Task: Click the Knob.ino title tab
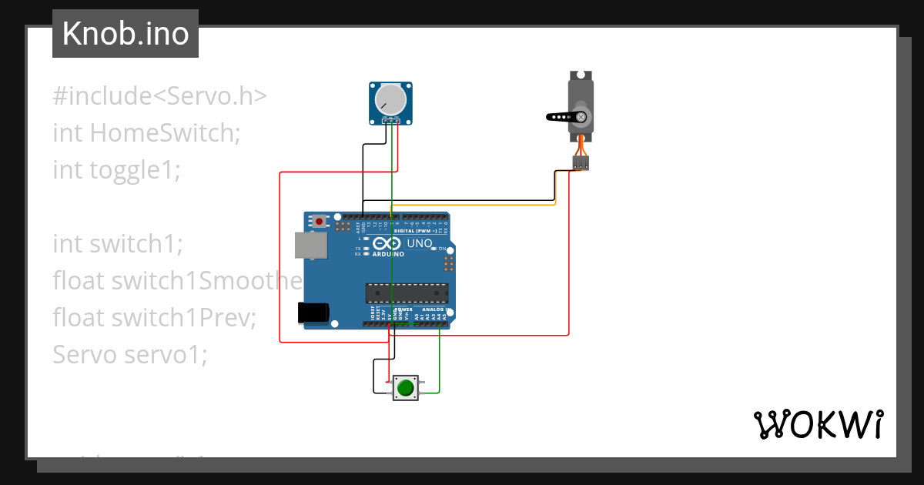coord(125,34)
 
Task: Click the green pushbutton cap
coord(405,387)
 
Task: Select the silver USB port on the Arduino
coord(310,245)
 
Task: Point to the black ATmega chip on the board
coord(407,293)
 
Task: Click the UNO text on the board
coord(419,244)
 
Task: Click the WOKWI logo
coord(817,424)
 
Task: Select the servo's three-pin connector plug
coord(581,162)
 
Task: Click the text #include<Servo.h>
coord(160,96)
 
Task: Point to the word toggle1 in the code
coord(135,169)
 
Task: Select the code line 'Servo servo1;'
coord(130,354)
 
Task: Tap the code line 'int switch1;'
coord(118,244)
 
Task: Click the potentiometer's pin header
coord(392,121)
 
